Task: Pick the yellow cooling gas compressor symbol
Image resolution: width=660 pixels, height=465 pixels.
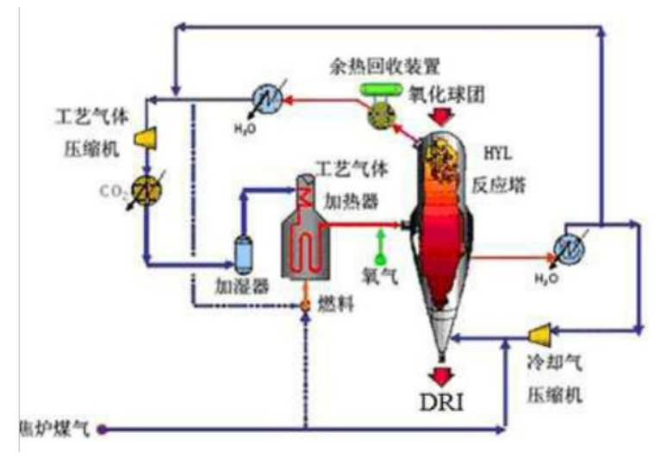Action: coord(544,332)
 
